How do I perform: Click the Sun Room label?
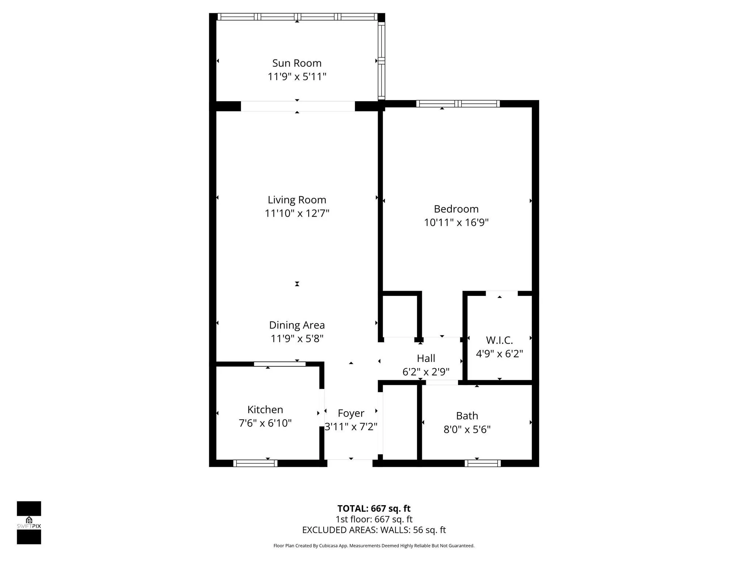pos(297,63)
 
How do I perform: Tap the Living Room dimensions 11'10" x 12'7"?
pos(297,213)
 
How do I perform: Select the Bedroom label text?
pos(456,209)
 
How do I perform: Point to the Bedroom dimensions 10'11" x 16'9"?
pos(456,222)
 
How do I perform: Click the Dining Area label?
pos(297,325)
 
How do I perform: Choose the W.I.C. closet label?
pos(499,340)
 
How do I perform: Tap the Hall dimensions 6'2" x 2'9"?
pos(426,372)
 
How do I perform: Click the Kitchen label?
pos(265,409)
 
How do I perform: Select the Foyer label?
pos(351,413)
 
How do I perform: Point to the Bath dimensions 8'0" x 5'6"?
pos(467,429)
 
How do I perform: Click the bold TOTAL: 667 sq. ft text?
pos(374,508)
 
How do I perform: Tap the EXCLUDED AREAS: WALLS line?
pos(374,530)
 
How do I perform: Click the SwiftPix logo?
pos(29,523)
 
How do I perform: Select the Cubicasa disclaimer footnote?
pos(374,546)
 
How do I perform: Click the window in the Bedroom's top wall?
pos(458,104)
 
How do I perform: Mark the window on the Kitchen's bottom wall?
pos(255,463)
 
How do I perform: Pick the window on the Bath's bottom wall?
pos(482,463)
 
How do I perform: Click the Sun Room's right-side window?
pos(381,61)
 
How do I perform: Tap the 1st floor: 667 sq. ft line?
pos(374,519)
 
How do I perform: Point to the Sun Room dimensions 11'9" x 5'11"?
pos(297,77)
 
